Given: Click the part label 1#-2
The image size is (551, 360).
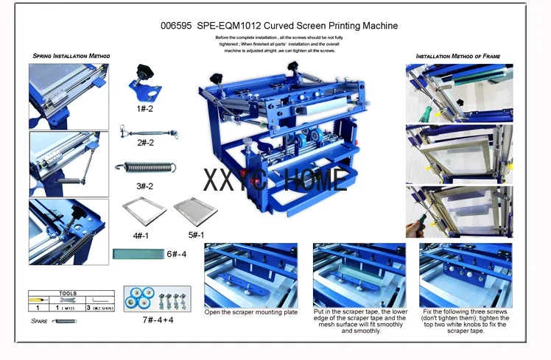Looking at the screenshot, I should [x=144, y=108].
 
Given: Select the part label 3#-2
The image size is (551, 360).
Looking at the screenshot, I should [x=144, y=186].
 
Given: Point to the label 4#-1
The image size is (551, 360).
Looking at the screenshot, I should [x=140, y=235].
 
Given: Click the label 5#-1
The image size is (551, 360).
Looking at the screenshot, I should [x=186, y=235].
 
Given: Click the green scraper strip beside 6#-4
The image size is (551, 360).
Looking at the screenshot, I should [x=137, y=255].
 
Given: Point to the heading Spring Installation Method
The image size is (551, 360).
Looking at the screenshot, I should [x=71, y=56].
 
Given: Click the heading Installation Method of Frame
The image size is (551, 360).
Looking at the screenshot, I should [x=454, y=56].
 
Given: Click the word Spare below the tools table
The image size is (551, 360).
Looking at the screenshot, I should [x=40, y=321].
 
